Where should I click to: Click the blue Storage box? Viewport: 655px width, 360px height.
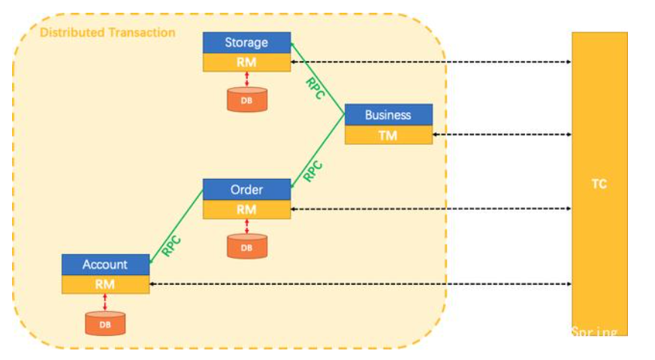(246, 43)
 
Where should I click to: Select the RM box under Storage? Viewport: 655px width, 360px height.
(246, 62)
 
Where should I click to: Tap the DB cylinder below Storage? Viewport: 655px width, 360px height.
(247, 99)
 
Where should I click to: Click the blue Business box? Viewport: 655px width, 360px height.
(388, 115)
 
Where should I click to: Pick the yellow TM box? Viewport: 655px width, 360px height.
(388, 135)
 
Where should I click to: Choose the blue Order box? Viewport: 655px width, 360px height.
(246, 189)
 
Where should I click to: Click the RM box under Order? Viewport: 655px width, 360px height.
(246, 209)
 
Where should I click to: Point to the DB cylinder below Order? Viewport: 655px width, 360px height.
(247, 247)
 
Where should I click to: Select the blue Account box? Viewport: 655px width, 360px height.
(105, 265)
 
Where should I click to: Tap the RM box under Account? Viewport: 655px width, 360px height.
(105, 284)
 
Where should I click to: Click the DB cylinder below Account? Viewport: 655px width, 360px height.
(105, 322)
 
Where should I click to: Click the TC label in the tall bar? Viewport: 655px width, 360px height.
(599, 184)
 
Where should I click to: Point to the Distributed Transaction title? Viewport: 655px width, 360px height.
(107, 33)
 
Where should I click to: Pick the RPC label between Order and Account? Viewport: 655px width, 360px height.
(172, 246)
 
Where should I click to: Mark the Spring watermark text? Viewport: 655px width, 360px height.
(594, 332)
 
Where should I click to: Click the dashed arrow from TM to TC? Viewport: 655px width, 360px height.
(502, 135)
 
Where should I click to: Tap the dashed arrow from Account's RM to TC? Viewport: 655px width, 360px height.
(361, 284)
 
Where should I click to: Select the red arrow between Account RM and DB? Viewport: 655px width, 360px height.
(105, 301)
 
